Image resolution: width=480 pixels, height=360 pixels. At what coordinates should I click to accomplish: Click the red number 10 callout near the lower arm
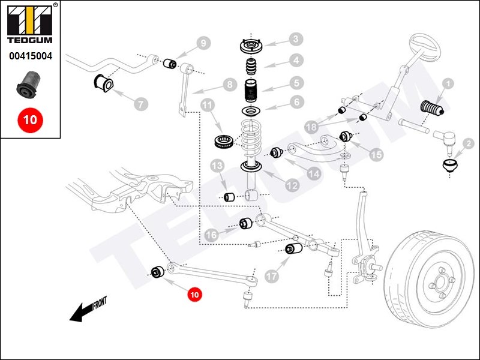tap(194, 294)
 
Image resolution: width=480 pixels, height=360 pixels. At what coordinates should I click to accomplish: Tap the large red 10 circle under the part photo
tap(30, 119)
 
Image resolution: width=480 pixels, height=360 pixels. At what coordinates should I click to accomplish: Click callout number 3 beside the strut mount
tap(295, 40)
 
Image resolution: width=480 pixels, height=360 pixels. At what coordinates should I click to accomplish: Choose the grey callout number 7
tap(140, 104)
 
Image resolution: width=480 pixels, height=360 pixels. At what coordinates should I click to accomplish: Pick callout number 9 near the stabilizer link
tap(203, 43)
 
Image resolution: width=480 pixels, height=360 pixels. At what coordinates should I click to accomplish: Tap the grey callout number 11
tap(208, 106)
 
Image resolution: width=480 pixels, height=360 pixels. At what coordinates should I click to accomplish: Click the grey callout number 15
tap(376, 155)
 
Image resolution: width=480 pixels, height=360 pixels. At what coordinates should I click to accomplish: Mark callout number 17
tap(272, 277)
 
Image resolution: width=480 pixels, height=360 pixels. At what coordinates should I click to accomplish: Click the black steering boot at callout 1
tap(430, 108)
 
